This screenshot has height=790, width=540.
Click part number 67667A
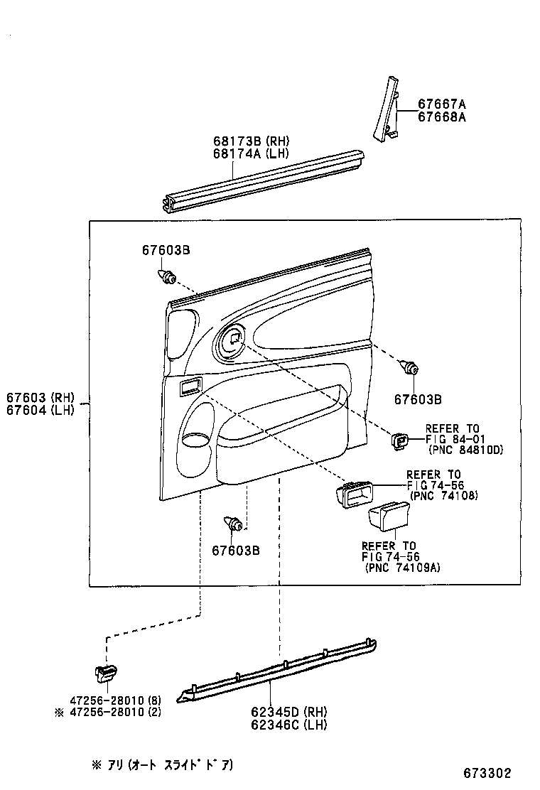(x=441, y=104)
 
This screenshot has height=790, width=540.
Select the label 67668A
(x=441, y=117)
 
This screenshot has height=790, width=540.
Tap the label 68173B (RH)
(x=251, y=141)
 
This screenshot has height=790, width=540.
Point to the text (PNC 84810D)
(x=465, y=450)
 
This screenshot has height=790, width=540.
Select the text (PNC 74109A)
(x=401, y=568)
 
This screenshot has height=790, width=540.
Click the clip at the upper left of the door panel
(x=168, y=276)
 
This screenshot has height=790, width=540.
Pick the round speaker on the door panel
(x=232, y=340)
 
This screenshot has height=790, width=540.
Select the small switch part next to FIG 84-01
(x=399, y=442)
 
